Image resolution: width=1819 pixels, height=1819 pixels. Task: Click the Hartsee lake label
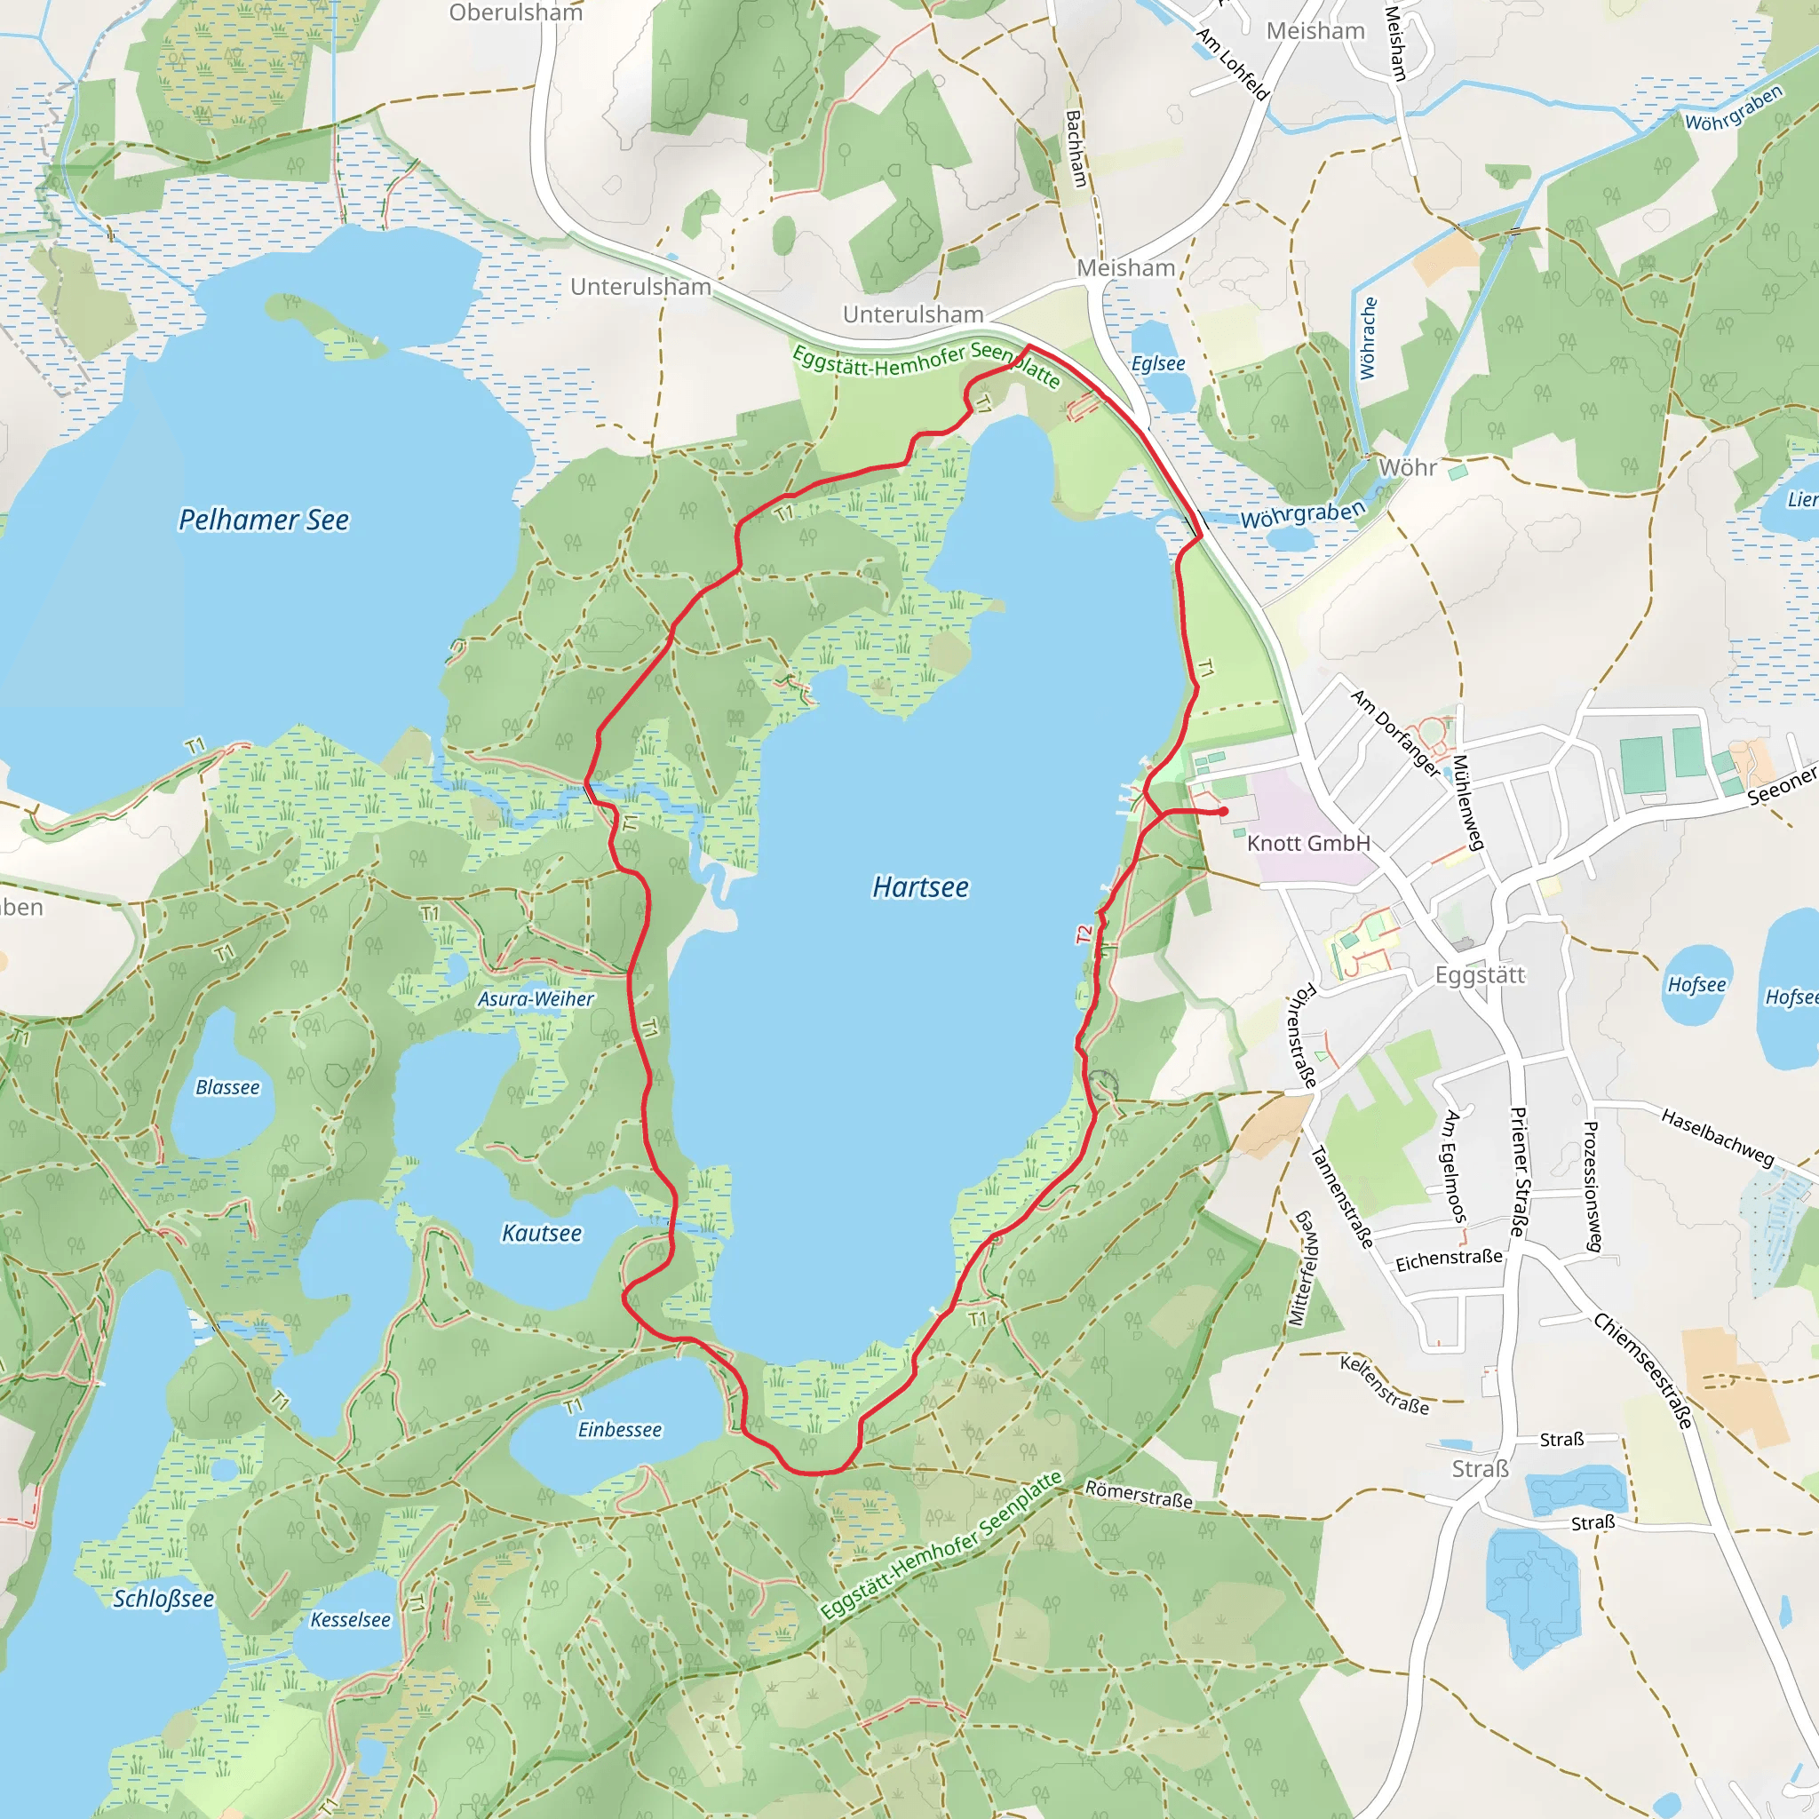click(920, 887)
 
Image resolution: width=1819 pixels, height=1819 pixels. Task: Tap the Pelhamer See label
click(264, 520)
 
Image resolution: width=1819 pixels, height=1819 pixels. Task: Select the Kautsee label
click(542, 1233)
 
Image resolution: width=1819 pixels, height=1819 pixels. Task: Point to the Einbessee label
click(620, 1429)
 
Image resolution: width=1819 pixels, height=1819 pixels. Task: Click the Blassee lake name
click(226, 1087)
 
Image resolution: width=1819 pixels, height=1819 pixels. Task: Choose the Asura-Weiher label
click(536, 999)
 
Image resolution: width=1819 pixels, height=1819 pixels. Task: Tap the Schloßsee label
click(163, 1599)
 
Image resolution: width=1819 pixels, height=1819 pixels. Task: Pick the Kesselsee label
click(350, 1619)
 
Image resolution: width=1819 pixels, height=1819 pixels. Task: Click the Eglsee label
click(1158, 363)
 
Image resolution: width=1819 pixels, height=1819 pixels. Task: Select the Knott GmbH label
click(1307, 844)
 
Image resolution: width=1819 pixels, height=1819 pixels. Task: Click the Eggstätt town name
click(1479, 974)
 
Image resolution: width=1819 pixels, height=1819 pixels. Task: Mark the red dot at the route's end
click(1223, 811)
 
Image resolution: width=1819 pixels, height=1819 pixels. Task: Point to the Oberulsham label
click(515, 13)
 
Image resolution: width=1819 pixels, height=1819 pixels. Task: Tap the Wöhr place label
click(1408, 468)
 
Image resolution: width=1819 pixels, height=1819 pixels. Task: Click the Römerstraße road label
click(1139, 1493)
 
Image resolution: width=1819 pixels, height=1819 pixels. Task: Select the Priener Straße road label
click(1518, 1172)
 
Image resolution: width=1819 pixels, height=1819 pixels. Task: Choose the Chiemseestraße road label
click(1643, 1370)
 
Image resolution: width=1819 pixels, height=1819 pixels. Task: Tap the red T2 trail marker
click(1084, 935)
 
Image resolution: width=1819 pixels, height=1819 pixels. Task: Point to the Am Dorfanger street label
click(1395, 734)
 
